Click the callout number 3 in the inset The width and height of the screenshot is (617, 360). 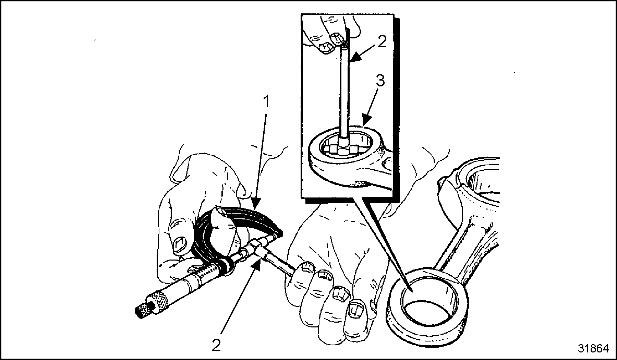(x=380, y=81)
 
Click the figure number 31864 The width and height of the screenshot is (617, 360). (x=593, y=349)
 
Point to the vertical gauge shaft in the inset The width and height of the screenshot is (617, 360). (x=344, y=91)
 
